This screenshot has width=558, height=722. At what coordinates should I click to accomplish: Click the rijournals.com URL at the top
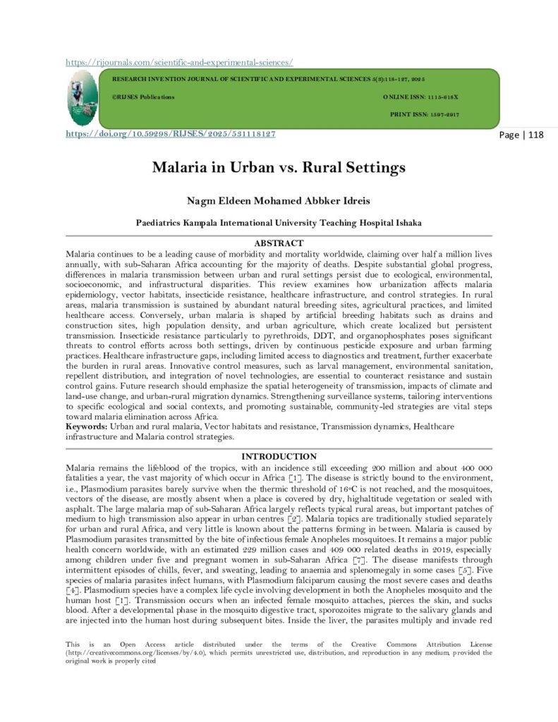(x=179, y=62)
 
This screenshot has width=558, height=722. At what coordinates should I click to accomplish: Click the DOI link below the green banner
(x=170, y=133)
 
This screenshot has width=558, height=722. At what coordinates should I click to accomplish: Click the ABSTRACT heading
(x=279, y=243)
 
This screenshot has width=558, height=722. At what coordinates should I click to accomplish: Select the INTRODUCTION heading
(x=279, y=456)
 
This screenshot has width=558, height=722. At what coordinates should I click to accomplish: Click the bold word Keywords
(x=87, y=427)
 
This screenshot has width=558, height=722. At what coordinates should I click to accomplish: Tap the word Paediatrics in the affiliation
(x=160, y=223)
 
